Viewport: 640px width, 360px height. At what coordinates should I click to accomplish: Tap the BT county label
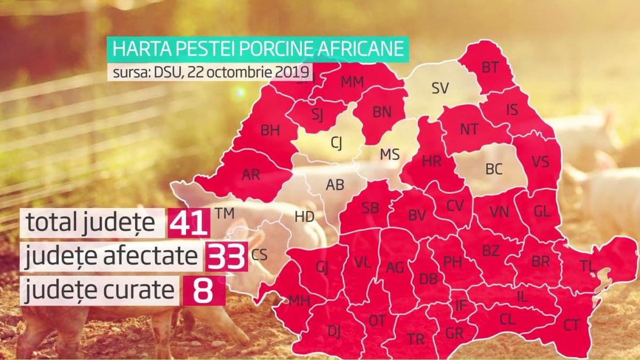(x=490, y=67)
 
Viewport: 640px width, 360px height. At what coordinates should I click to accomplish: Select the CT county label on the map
(x=571, y=324)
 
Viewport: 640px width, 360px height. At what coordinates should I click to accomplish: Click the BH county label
(x=270, y=130)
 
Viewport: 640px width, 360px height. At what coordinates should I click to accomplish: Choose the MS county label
(x=389, y=154)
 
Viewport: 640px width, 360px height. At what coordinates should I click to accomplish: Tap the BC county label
(x=494, y=169)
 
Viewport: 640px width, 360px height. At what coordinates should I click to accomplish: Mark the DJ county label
(x=334, y=331)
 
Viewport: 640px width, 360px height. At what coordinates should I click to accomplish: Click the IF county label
(x=460, y=306)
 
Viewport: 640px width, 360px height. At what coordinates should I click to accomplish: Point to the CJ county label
(x=337, y=142)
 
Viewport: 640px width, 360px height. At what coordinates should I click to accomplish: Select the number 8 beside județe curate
(x=204, y=290)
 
